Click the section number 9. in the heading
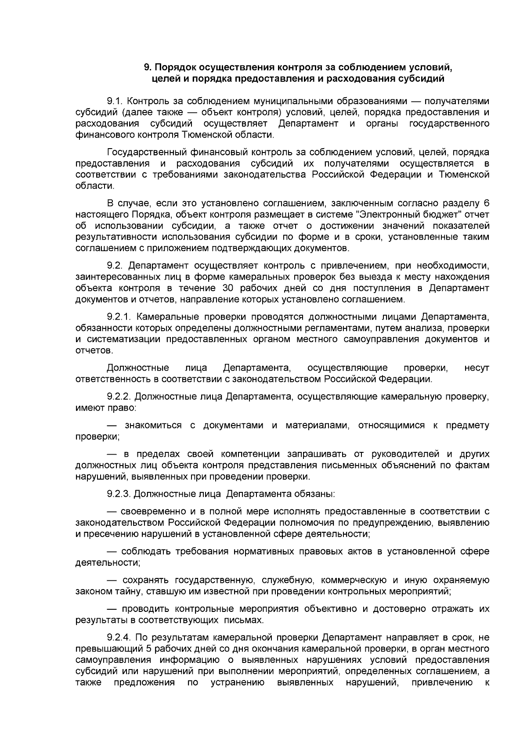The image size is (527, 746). point(148,67)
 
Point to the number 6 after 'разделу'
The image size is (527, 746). point(486,204)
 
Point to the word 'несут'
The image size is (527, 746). point(476,368)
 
